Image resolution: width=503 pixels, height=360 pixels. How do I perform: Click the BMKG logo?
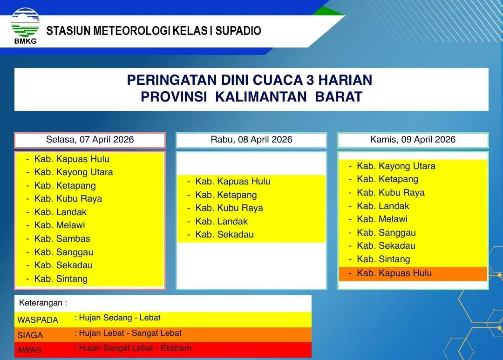(25, 26)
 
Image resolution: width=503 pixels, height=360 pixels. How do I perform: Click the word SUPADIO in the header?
(238, 31)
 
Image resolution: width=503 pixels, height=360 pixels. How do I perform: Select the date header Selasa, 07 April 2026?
(90, 140)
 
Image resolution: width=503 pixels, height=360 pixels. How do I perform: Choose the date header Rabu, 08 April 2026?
(251, 140)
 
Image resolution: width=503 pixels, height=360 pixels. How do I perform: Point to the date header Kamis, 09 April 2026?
(413, 140)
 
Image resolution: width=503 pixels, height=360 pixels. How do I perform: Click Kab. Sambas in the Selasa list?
(62, 239)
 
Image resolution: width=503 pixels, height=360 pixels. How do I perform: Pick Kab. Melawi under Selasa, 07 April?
(60, 225)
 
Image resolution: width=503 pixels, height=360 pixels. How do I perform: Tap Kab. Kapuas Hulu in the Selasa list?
(72, 159)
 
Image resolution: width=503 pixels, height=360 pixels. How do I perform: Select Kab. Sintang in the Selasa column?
(61, 279)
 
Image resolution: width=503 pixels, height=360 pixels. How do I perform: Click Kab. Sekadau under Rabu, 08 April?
(224, 235)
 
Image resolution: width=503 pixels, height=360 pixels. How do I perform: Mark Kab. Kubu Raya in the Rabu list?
(229, 208)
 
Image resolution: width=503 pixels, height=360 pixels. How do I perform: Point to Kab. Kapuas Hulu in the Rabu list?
(233, 182)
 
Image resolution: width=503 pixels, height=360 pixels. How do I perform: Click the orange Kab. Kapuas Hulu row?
(413, 274)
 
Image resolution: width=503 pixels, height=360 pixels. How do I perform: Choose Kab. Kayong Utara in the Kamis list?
(396, 166)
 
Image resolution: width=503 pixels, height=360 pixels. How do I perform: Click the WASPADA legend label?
(38, 320)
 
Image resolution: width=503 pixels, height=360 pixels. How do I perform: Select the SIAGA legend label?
(30, 335)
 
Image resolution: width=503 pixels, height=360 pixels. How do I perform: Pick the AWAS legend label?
(29, 350)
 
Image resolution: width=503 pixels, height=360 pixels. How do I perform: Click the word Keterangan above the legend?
(41, 303)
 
